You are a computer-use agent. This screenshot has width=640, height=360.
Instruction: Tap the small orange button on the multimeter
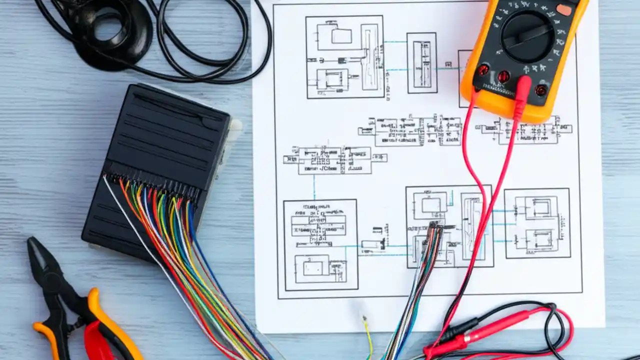[564, 10]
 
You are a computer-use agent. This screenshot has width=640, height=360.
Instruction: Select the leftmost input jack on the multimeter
[483, 70]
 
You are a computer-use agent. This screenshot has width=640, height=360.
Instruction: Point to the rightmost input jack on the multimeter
[540, 90]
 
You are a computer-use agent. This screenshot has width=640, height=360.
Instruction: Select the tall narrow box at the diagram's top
[421, 62]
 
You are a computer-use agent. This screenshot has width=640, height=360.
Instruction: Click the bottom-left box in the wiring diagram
[320, 244]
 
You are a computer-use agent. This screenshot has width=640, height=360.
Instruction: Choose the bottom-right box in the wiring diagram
[537, 223]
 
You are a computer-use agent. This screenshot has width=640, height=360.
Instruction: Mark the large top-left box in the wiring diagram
[344, 56]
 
